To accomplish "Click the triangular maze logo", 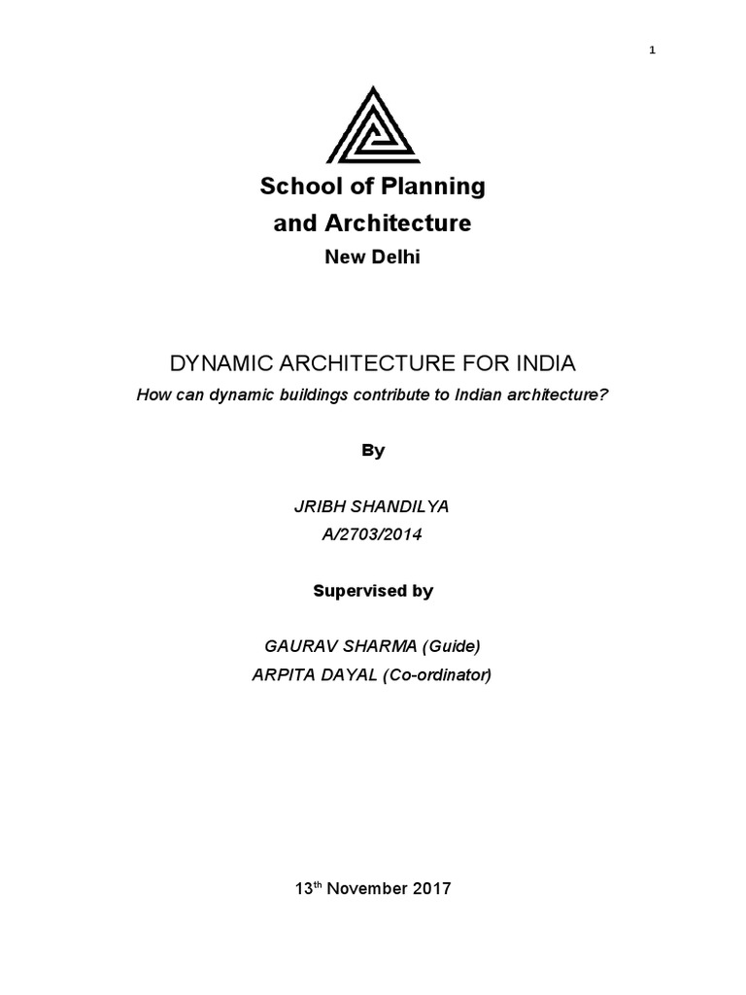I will pos(373,126).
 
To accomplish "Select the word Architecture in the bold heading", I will pos(400,223).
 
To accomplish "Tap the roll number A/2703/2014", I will pos(373,534).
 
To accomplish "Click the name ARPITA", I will pos(285,674).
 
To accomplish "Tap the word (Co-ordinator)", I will pos(437,674).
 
